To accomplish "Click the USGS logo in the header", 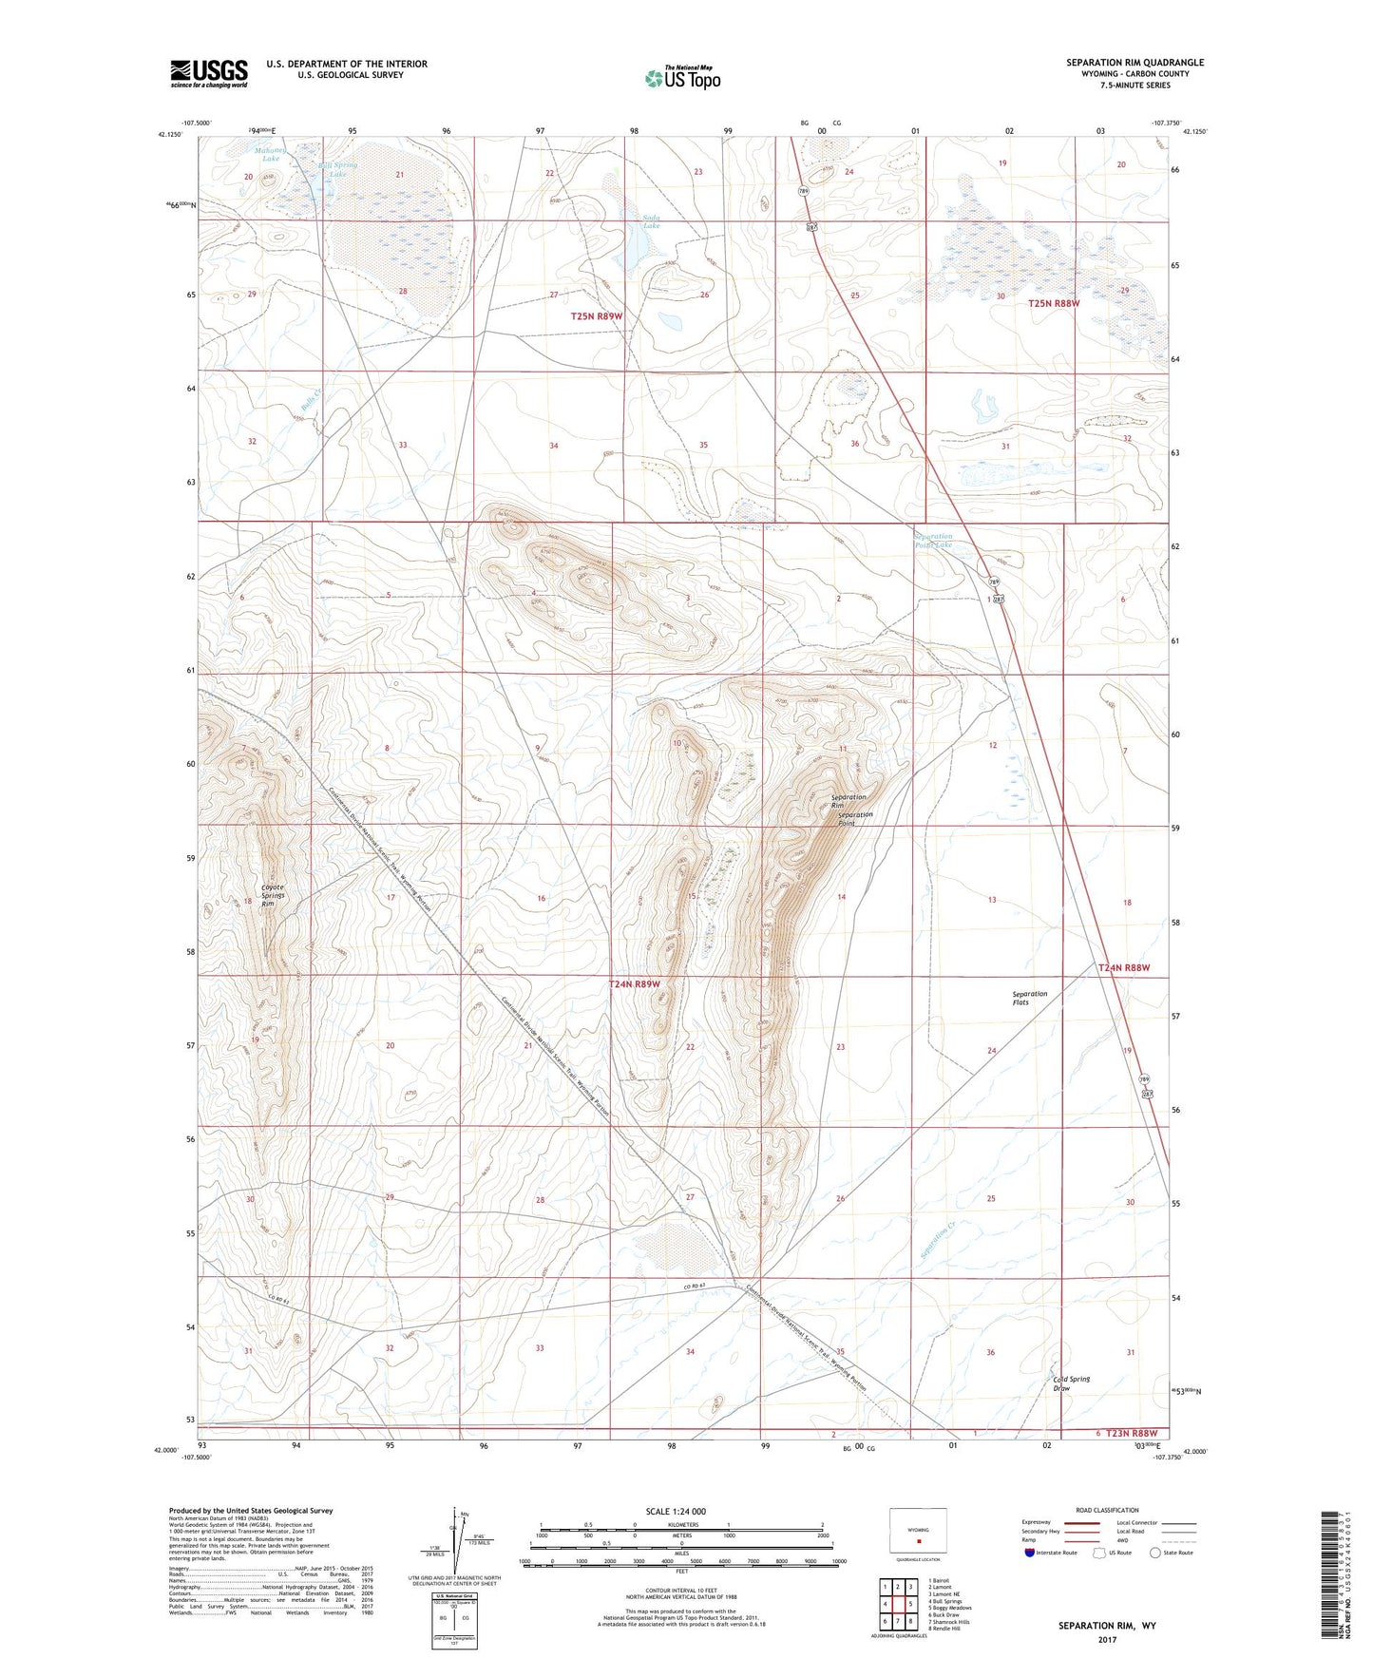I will [x=209, y=72].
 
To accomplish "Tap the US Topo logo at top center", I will [x=681, y=78].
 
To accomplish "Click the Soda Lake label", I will [x=651, y=222].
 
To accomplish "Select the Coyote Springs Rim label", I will [x=274, y=896].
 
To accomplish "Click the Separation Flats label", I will [x=1029, y=998].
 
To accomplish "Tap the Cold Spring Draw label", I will [x=1071, y=1383].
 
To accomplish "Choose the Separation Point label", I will [x=855, y=818].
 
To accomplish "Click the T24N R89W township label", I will [x=634, y=984].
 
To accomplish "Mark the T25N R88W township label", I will [x=1054, y=303].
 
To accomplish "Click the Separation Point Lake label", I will [x=933, y=541].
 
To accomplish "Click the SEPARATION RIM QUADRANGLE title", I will [x=1135, y=63].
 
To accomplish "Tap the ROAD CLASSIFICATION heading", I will [x=1107, y=1510].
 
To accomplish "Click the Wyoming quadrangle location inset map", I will [x=918, y=1531].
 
